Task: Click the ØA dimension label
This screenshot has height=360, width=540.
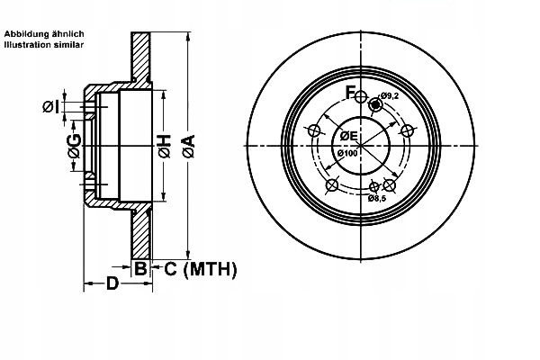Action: tap(189, 147)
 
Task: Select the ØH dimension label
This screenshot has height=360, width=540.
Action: tap(165, 147)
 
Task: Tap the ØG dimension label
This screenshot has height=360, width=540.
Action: tap(75, 146)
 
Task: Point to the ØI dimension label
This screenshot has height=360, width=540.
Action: tap(50, 107)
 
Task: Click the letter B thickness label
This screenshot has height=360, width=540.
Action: tap(140, 268)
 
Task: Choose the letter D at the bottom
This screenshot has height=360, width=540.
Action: tap(112, 283)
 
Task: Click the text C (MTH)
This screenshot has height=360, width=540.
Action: tap(201, 269)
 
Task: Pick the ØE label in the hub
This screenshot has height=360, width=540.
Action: tap(349, 136)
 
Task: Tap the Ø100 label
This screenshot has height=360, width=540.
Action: tap(347, 153)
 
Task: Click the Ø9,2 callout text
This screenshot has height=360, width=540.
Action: tap(389, 95)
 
